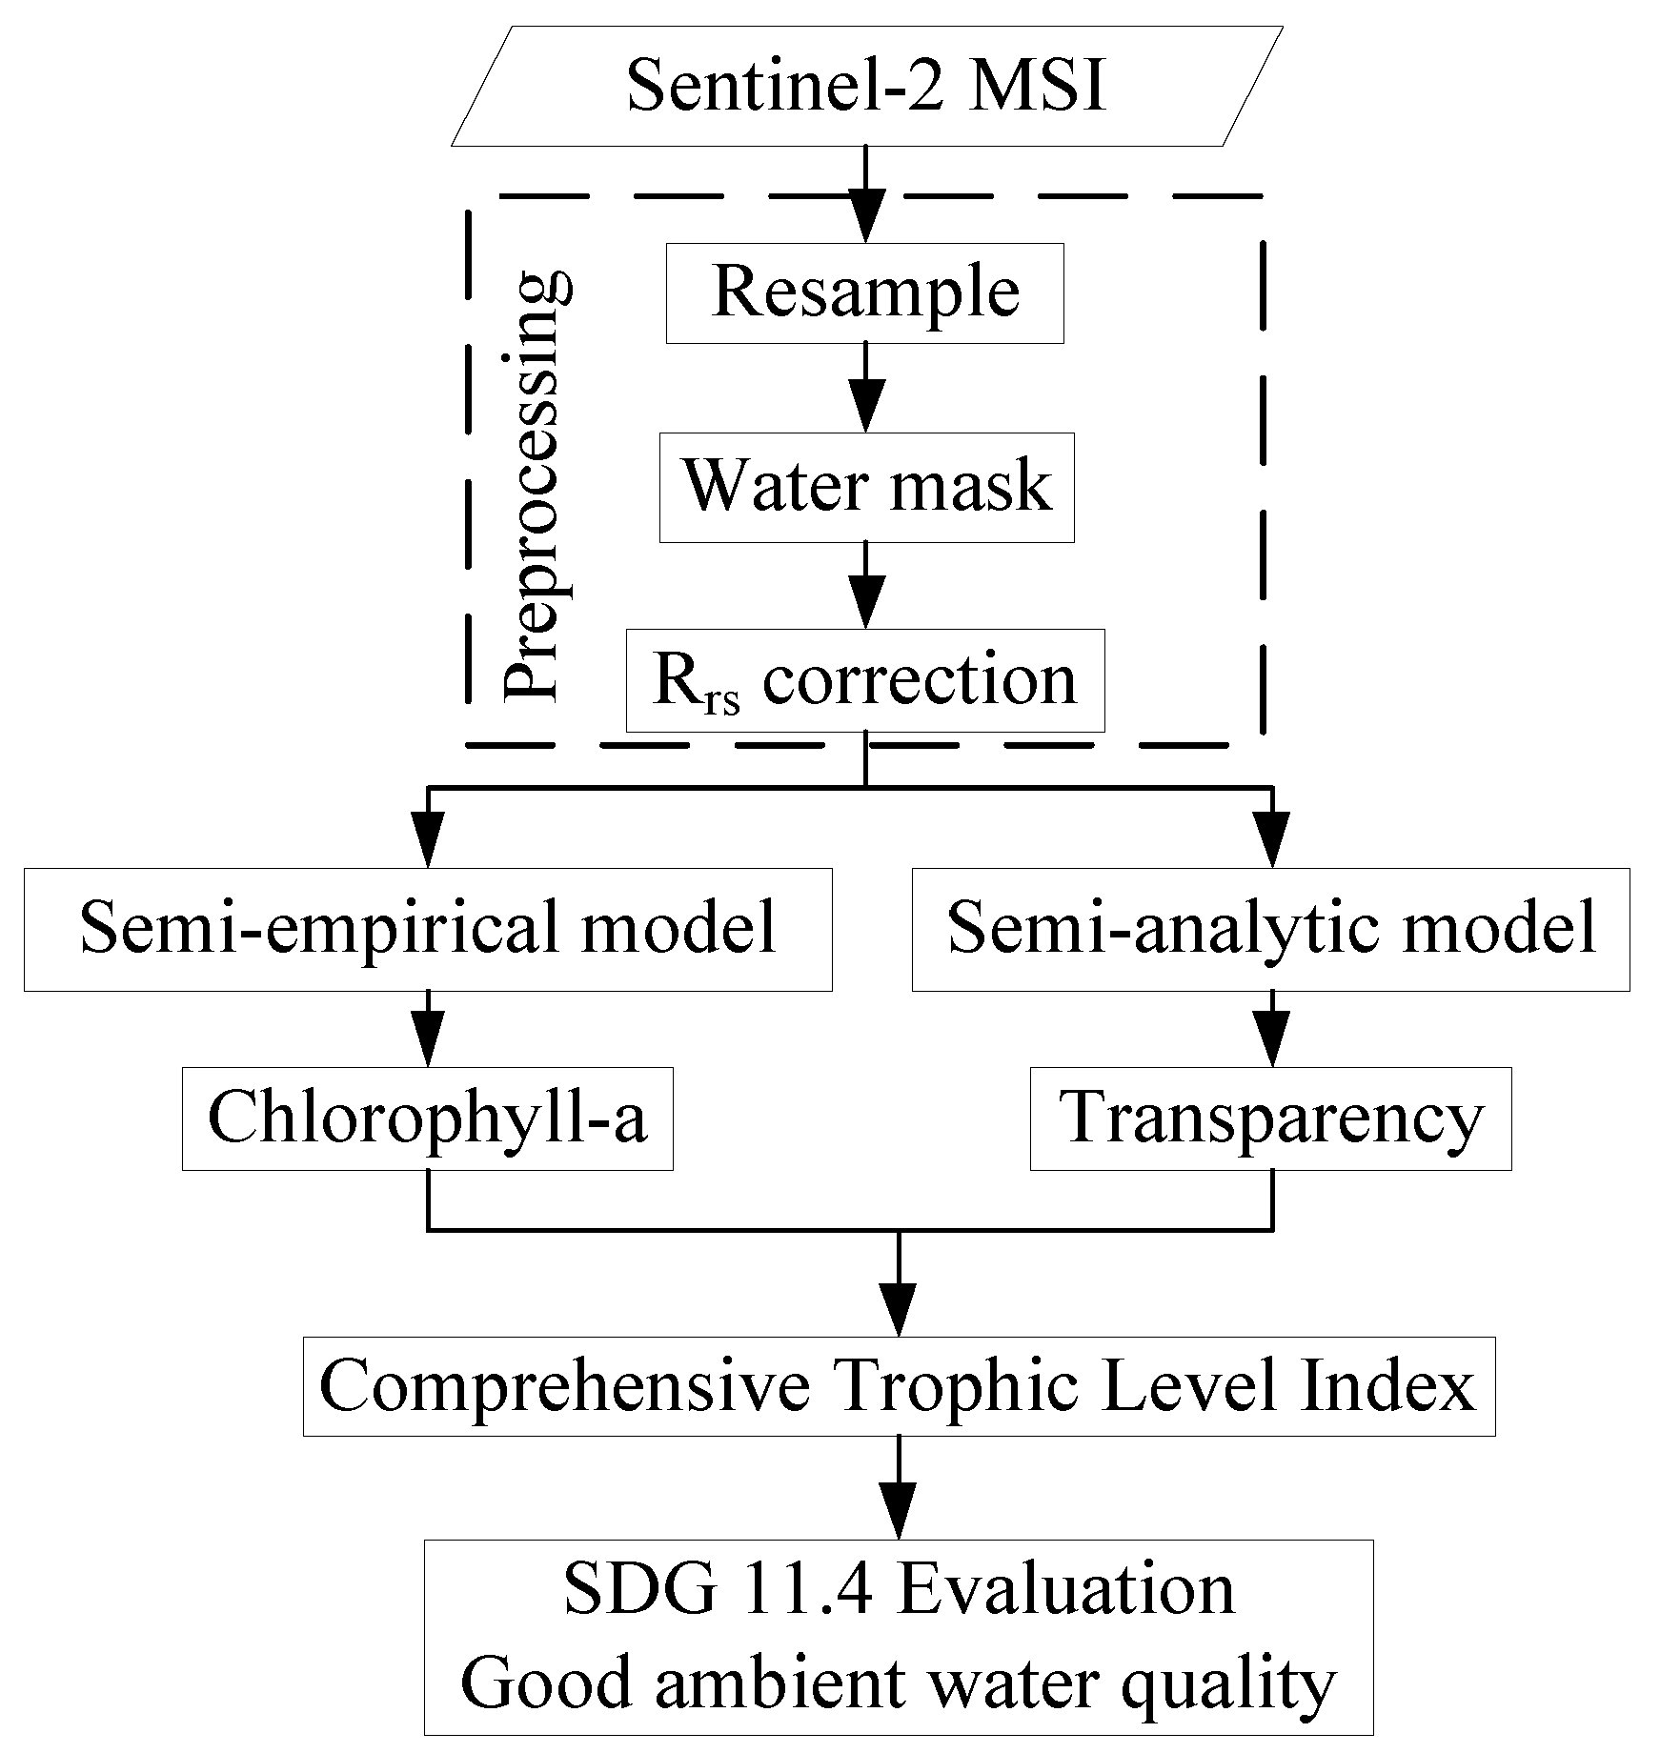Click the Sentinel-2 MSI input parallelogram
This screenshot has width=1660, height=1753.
(x=865, y=87)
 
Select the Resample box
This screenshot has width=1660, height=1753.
(x=865, y=292)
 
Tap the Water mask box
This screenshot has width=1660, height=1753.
(x=865, y=488)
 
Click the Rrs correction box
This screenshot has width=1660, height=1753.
(x=865, y=680)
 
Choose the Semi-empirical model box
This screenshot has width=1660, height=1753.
(x=428, y=929)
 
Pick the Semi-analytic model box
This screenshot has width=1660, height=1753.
(x=1270, y=929)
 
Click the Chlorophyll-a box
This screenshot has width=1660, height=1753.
(x=428, y=1118)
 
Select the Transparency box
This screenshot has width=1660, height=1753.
(x=1270, y=1118)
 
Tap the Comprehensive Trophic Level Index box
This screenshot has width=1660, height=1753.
(x=898, y=1386)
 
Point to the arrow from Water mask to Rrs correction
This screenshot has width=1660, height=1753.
(x=865, y=585)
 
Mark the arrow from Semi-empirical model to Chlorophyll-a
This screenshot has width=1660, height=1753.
(x=428, y=1029)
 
